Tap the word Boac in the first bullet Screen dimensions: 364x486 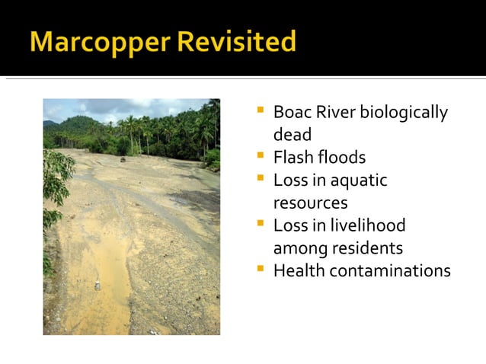289,113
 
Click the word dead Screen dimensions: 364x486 292,135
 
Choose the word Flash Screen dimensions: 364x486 293,158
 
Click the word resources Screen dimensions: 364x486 310,203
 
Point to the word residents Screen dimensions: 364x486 369,248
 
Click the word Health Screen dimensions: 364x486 299,270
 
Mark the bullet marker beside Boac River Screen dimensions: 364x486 260,110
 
